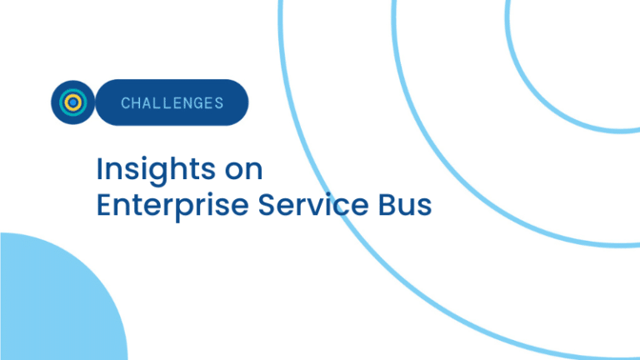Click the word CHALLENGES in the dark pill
click(172, 102)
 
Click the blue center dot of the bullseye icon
click(73, 102)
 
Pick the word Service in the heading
click(313, 204)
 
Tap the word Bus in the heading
click(405, 204)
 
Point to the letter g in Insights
click(157, 174)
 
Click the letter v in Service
click(318, 207)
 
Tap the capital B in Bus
click(387, 204)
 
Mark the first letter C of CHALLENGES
click(125, 103)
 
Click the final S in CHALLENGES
click(219, 103)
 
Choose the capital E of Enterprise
click(104, 204)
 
